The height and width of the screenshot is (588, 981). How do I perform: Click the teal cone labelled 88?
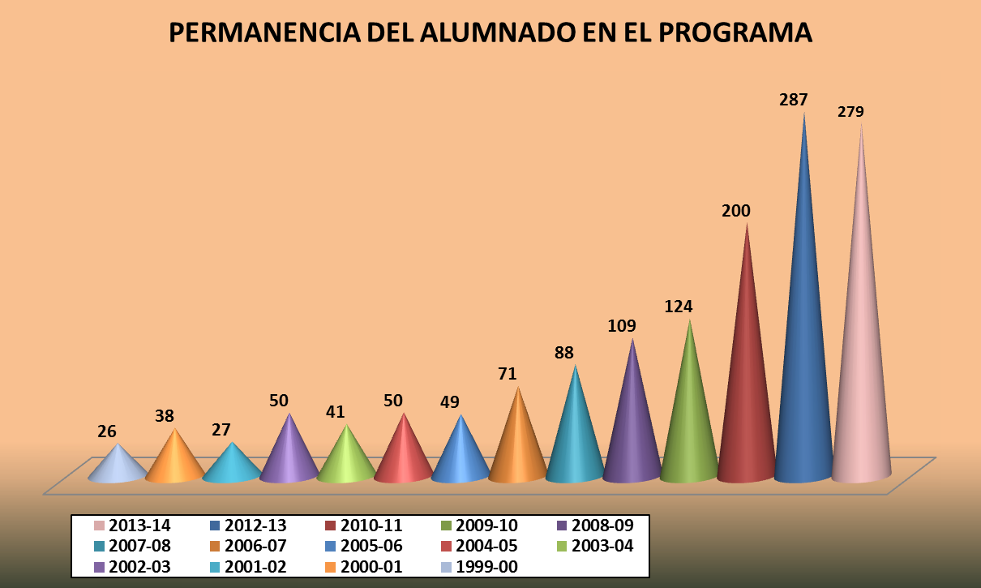click(x=575, y=438)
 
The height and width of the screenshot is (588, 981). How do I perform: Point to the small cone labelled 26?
click(x=118, y=466)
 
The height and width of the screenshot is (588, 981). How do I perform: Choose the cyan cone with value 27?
click(x=233, y=466)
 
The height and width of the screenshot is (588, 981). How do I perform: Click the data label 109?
click(x=622, y=326)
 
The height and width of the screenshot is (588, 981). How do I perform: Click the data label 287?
click(x=794, y=101)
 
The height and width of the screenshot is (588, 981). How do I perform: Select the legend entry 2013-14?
click(x=134, y=526)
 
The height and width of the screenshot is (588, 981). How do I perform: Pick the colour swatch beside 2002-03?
click(x=99, y=567)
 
